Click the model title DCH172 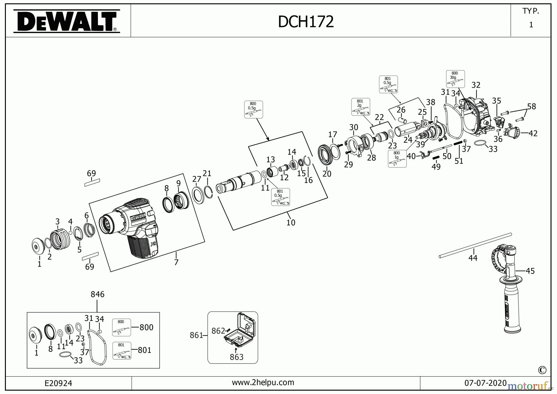pos(306,22)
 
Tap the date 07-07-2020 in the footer pos(485,383)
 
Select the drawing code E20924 pos(58,383)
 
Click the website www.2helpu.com pos(263,383)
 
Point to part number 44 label pos(473,258)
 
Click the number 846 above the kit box pos(97,294)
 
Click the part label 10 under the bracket pos(291,222)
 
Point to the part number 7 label pos(176,262)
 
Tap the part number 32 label pos(476,85)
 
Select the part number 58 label pos(532,107)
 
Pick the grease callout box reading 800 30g pos(455,79)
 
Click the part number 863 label pos(237,357)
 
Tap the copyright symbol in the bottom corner pos(542,370)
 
